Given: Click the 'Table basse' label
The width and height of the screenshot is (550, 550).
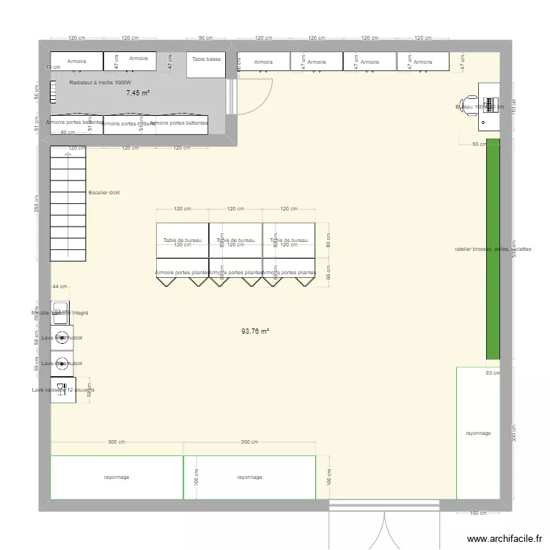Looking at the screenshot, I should point(206,59).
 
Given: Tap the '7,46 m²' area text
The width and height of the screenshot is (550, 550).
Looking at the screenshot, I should point(137,93).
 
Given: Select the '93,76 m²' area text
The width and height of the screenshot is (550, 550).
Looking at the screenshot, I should point(255,331).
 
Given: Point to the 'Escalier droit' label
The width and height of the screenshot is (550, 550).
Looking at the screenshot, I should point(103,193).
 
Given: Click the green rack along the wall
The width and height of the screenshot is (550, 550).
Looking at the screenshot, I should point(493,249).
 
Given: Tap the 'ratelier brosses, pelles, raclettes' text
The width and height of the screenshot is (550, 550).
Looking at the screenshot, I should point(493,249).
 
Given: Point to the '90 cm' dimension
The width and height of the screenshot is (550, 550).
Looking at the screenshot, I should point(205,38).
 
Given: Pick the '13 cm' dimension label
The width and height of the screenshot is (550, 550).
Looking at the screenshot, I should point(48,67).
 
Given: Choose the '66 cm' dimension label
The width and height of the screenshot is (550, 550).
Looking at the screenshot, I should point(329,272).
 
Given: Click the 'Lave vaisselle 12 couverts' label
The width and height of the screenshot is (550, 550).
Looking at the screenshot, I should point(63,390).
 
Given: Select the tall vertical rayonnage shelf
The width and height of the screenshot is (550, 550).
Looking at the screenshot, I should point(478,433).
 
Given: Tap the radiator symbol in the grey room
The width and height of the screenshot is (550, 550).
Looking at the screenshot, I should point(53,91).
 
